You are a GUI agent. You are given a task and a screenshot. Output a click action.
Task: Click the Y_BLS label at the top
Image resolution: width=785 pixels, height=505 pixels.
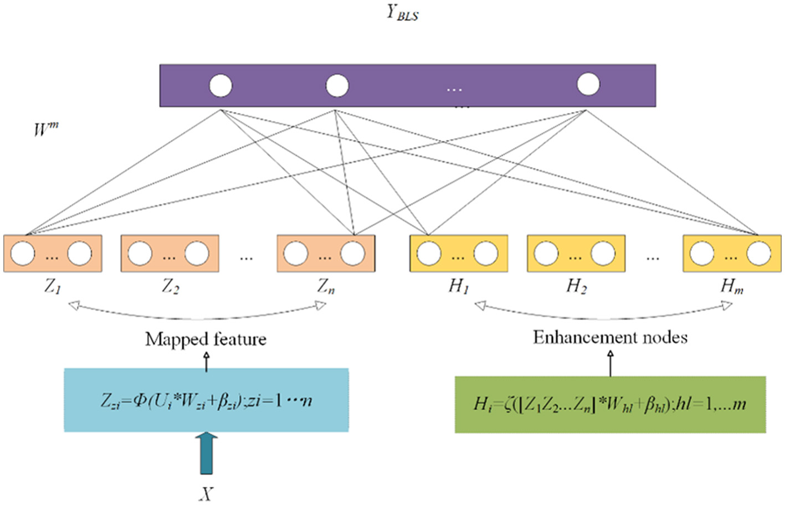click(402, 12)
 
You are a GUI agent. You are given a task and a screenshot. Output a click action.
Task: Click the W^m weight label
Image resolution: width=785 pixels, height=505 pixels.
click(45, 129)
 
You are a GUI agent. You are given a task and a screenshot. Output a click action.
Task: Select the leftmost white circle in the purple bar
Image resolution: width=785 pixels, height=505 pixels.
click(220, 86)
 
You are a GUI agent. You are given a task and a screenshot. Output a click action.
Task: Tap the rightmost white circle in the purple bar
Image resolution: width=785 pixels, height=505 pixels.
click(588, 84)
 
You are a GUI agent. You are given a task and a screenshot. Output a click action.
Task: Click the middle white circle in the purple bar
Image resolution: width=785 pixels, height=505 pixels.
click(337, 86)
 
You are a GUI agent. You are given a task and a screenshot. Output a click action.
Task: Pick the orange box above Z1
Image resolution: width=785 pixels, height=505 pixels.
click(53, 254)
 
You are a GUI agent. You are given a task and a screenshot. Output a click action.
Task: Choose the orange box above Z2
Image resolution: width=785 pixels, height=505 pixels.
click(170, 254)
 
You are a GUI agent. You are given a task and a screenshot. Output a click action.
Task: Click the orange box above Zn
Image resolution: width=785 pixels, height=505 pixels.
click(326, 254)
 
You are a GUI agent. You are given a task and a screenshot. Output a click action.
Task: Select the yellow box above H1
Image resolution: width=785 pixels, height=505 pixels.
click(458, 254)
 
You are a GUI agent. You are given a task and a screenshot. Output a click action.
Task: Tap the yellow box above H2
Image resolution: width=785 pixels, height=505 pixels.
click(576, 254)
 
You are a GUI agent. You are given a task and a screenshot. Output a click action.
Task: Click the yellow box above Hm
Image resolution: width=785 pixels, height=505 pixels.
click(731, 254)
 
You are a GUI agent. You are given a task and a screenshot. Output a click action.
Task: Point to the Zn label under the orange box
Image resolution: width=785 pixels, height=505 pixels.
click(326, 286)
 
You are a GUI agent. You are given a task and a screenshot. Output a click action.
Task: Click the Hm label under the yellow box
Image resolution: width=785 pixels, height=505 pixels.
click(731, 286)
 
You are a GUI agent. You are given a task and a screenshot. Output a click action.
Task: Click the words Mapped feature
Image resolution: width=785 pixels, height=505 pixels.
click(206, 339)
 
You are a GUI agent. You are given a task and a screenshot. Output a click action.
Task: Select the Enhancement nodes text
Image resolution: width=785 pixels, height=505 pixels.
click(610, 337)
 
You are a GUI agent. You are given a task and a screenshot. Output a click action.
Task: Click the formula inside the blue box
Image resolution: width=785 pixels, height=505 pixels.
click(206, 400)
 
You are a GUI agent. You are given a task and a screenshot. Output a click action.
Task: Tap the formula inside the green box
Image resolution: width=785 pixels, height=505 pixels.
click(610, 404)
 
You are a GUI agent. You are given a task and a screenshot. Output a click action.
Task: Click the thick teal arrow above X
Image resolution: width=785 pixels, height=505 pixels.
click(206, 454)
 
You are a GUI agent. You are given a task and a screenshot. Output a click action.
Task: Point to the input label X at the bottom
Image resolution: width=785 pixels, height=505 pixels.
click(206, 493)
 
